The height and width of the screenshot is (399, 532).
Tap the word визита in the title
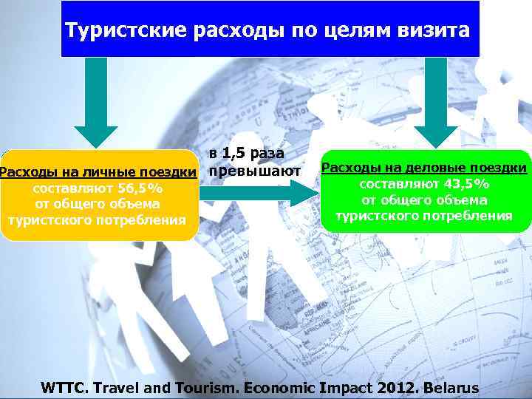(436, 31)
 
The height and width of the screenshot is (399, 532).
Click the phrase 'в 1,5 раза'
(246, 154)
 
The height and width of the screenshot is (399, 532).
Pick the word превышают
(254, 171)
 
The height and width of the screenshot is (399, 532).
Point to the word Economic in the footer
(281, 387)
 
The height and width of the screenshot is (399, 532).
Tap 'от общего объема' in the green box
(424, 199)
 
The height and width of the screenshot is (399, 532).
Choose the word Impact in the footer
(344, 387)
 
